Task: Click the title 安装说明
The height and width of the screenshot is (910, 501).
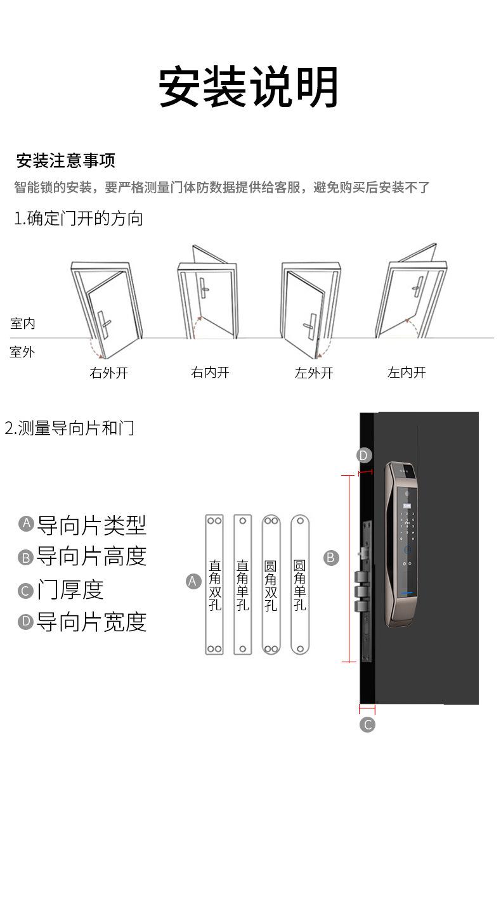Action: pyautogui.click(x=249, y=87)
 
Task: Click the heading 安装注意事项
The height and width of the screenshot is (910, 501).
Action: pyautogui.click(x=65, y=160)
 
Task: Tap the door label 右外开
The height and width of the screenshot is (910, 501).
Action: pyautogui.click(x=108, y=373)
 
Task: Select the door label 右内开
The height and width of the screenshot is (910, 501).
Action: pyautogui.click(x=210, y=373)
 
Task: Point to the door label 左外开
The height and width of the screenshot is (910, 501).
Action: pyautogui.click(x=314, y=373)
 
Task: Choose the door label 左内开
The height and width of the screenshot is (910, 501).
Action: pyautogui.click(x=407, y=373)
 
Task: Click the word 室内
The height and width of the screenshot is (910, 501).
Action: pyautogui.click(x=23, y=324)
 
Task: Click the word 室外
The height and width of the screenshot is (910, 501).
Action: pyautogui.click(x=23, y=352)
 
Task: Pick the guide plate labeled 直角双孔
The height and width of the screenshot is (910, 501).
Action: pyautogui.click(x=214, y=584)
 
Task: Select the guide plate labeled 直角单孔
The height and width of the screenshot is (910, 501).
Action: pyautogui.click(x=243, y=584)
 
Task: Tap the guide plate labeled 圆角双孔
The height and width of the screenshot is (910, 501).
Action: pyautogui.click(x=271, y=584)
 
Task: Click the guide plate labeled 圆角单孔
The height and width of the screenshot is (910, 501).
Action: pyautogui.click(x=300, y=584)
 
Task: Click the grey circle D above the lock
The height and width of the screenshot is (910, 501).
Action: pyautogui.click(x=363, y=455)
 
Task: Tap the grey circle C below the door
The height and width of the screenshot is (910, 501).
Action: pyautogui.click(x=367, y=724)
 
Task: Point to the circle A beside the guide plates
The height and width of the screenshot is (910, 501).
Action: pyautogui.click(x=193, y=581)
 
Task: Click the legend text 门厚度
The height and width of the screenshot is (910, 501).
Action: pyautogui.click(x=70, y=590)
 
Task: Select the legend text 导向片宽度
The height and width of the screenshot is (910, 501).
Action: pyautogui.click(x=91, y=622)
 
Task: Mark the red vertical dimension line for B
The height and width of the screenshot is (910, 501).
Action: pyautogui.click(x=349, y=568)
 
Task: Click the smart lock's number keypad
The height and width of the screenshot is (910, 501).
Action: pyautogui.click(x=407, y=525)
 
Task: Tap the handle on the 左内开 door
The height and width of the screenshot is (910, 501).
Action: pyautogui.click(x=417, y=286)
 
